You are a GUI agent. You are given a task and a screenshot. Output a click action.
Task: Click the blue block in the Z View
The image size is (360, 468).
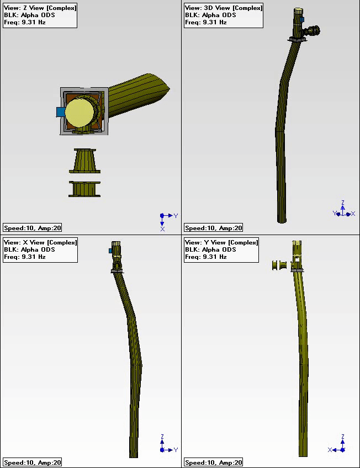tap(61, 112)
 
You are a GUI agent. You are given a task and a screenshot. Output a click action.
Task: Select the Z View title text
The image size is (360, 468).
tap(40, 8)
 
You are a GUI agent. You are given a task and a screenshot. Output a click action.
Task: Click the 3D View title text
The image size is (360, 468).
tap(224, 8)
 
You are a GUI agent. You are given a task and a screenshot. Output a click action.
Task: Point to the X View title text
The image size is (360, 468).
tap(40, 242)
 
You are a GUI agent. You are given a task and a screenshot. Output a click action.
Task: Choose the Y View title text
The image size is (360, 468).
tap(221, 242)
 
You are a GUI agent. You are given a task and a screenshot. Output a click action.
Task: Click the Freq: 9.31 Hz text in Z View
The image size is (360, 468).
tap(25, 23)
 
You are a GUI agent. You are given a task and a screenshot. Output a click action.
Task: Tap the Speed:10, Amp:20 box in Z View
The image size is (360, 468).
tap(32, 228)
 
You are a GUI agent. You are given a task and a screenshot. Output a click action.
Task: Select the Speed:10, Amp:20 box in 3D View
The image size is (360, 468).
tap(213, 228)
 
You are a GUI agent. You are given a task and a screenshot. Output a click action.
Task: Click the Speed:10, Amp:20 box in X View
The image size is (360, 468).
tap(32, 462)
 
